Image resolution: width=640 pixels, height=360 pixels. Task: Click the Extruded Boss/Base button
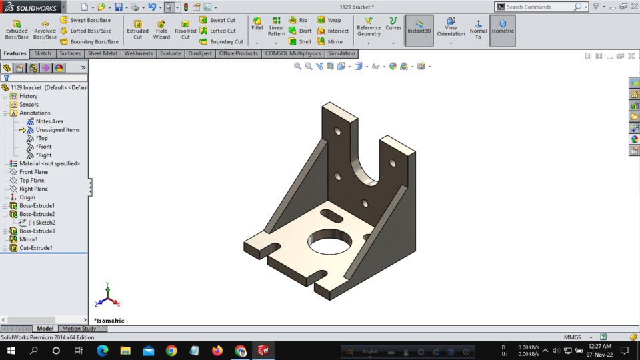point(17,29)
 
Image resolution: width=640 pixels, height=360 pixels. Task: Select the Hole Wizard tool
point(161,29)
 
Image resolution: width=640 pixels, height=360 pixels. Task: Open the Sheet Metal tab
point(102,53)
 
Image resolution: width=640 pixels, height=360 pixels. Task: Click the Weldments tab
point(139,53)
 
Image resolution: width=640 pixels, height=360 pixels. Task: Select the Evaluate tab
point(170,53)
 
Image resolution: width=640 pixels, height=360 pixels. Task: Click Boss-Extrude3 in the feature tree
point(37,231)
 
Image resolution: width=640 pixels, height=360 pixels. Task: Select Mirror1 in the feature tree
point(29,239)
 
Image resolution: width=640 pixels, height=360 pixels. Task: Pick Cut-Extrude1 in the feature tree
point(35,248)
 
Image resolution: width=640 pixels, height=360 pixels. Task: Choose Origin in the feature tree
point(27,197)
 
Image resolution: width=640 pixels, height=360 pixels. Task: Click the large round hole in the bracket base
point(331,243)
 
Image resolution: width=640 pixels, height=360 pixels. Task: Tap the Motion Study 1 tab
point(81,329)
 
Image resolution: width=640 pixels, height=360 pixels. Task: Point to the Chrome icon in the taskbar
point(171,351)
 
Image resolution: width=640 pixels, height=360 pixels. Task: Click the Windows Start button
point(11,351)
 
